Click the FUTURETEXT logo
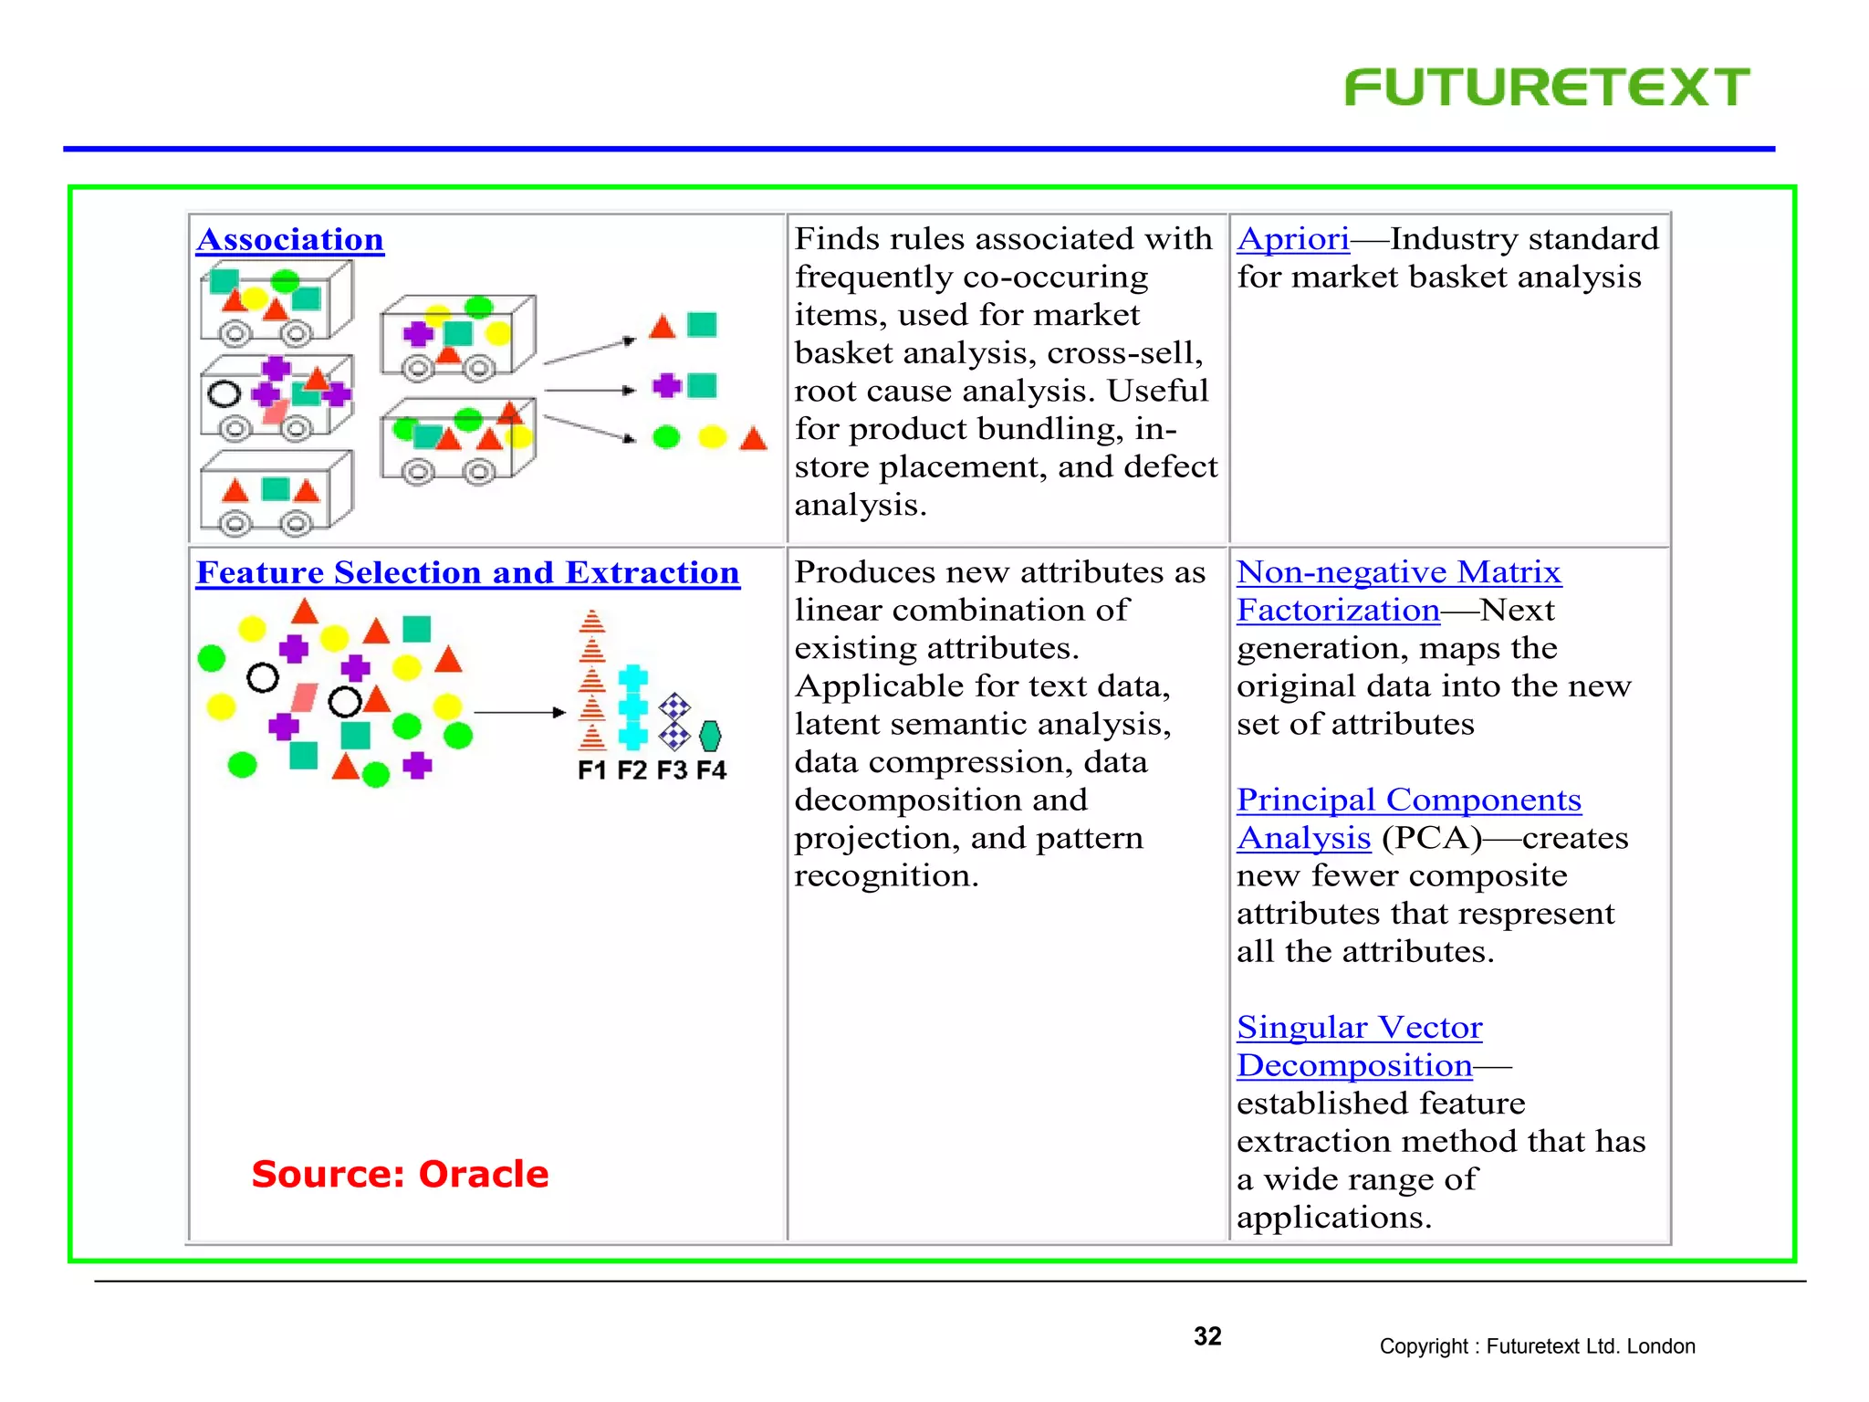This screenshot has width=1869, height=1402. point(1547,88)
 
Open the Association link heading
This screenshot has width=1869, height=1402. point(290,239)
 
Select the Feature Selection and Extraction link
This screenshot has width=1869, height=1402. point(467,572)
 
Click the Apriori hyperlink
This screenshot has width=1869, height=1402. point(1293,239)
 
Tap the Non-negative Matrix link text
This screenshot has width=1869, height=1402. point(1398,572)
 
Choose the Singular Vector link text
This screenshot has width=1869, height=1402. point(1359,1027)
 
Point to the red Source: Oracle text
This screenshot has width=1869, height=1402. point(400,1174)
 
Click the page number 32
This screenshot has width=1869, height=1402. point(1207,1336)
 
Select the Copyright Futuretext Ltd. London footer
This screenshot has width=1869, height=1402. point(1537,1346)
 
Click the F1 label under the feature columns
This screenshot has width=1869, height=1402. point(591,770)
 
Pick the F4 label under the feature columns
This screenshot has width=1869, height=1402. point(711,770)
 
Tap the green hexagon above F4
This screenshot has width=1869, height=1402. point(710,736)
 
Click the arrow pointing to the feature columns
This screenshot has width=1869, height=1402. point(520,712)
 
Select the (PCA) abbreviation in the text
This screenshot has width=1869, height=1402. point(1432,838)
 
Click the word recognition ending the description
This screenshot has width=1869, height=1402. point(885,876)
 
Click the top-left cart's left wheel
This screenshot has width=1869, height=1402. point(235,334)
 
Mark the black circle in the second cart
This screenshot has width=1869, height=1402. point(224,394)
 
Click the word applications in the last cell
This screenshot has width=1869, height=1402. point(1333,1218)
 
